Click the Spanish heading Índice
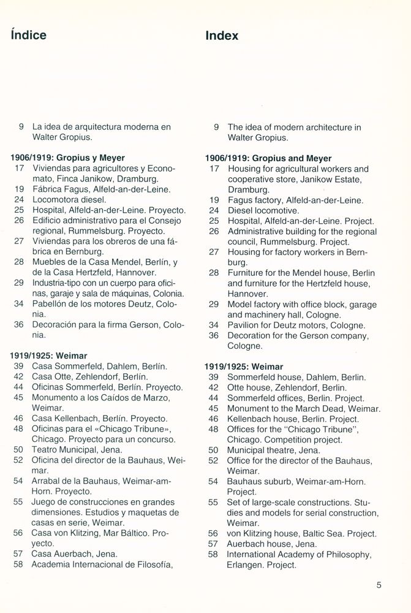point(28,36)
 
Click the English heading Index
point(222,36)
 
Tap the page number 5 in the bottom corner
point(380,585)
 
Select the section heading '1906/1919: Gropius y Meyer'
point(67,158)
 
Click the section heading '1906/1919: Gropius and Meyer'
point(268,158)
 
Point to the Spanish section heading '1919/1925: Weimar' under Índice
point(48,356)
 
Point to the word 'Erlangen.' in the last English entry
point(247,565)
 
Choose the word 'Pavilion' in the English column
point(245,325)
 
